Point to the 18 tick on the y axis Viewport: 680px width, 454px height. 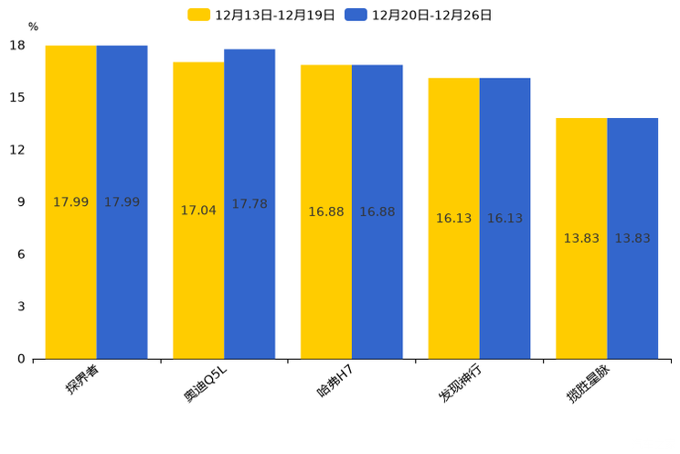pyautogui.click(x=17, y=46)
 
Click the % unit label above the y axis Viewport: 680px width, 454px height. pyautogui.click(x=33, y=27)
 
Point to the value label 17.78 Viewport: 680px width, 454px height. pyautogui.click(x=250, y=204)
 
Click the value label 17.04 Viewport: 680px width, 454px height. pyautogui.click(x=198, y=211)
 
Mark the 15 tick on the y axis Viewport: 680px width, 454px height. pyautogui.click(x=17, y=98)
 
